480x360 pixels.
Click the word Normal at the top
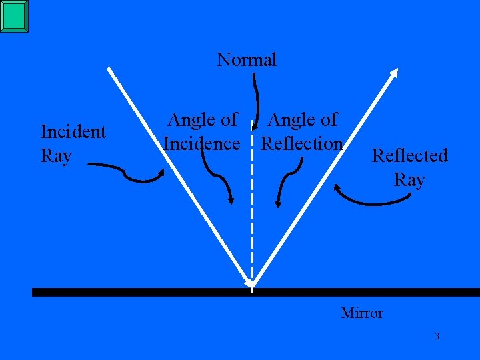pyautogui.click(x=247, y=60)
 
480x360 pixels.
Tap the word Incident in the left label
pyautogui.click(x=73, y=132)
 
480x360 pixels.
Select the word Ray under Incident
pyautogui.click(x=56, y=156)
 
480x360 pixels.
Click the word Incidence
pyautogui.click(x=201, y=144)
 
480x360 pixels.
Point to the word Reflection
pyautogui.click(x=302, y=144)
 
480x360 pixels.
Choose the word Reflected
pyautogui.click(x=409, y=156)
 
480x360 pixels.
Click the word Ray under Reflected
pyautogui.click(x=409, y=180)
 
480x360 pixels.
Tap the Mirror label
pyautogui.click(x=362, y=313)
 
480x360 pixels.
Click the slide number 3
pyautogui.click(x=437, y=336)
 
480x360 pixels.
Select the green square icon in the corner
pyautogui.click(x=14, y=16)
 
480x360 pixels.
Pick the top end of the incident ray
pyautogui.click(x=111, y=69)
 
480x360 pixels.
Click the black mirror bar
pyautogui.click(x=133, y=292)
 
